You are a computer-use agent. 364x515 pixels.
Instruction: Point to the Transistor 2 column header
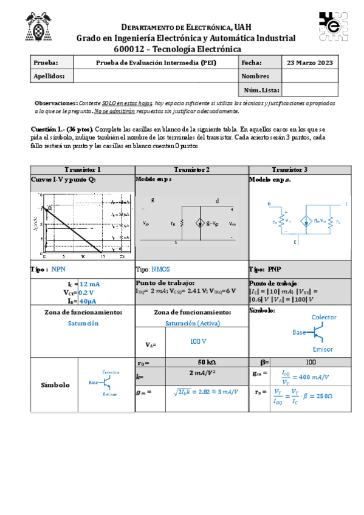[x=191, y=169]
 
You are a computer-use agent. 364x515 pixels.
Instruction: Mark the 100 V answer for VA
[x=198, y=342]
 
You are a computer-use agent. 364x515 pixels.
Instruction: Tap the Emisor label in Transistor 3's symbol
[x=322, y=349]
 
